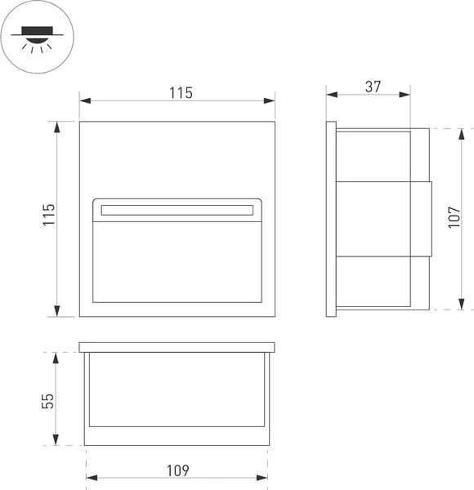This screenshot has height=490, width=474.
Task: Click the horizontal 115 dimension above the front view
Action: (181, 92)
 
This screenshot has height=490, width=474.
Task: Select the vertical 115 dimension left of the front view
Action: (48, 216)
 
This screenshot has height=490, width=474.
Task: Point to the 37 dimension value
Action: (373, 86)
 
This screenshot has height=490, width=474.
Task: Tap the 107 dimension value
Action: (454, 218)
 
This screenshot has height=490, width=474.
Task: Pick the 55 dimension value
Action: (48, 400)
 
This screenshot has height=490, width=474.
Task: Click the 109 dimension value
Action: (177, 471)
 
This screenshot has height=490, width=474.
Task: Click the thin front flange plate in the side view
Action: (331, 219)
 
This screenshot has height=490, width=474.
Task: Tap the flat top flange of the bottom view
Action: (177, 347)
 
